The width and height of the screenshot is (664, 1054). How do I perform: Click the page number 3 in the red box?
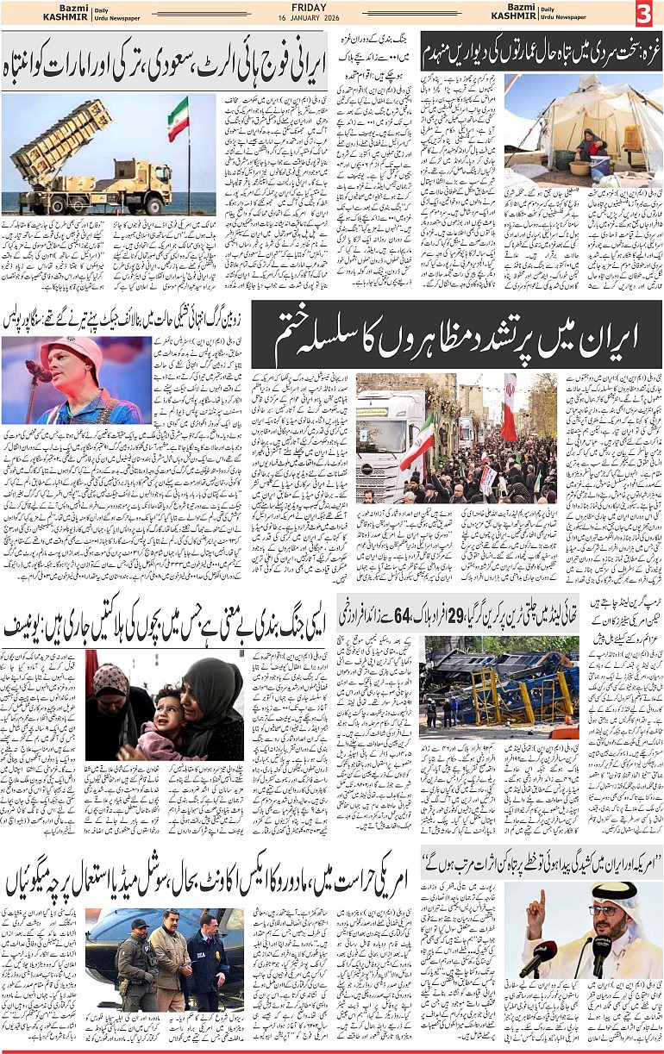644,14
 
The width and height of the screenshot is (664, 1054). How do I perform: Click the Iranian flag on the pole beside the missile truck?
179,118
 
